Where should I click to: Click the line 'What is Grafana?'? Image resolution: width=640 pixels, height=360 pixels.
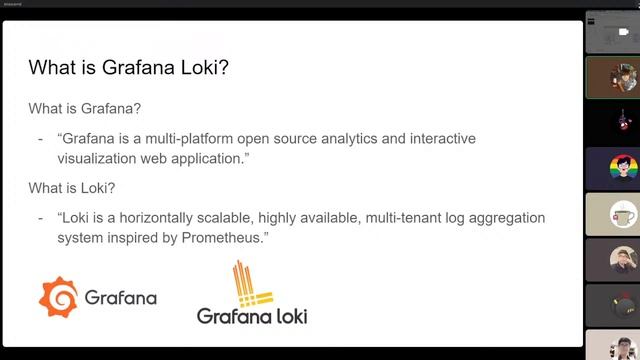(91, 107)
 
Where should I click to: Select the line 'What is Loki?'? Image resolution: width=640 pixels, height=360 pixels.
(78, 187)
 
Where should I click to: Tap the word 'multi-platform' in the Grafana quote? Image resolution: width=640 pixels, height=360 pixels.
(197, 137)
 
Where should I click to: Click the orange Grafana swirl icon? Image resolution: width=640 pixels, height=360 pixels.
(58, 296)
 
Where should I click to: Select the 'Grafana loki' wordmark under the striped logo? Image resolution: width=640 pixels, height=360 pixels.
(251, 316)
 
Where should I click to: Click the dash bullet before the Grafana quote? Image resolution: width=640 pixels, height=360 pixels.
(40, 137)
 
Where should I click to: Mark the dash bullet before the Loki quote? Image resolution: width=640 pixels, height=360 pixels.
(40, 217)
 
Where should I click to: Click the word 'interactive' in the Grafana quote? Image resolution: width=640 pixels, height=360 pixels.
(439, 137)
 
